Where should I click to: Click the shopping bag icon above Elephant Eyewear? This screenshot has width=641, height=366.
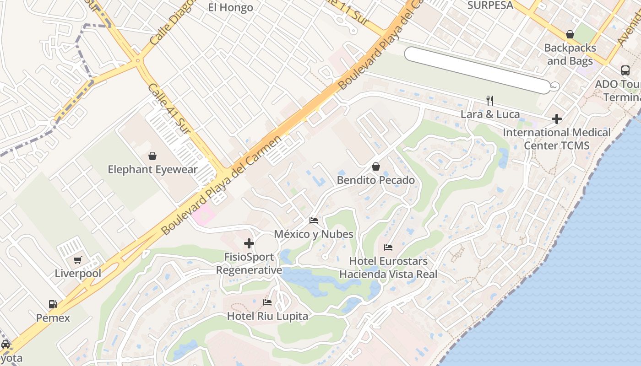152,156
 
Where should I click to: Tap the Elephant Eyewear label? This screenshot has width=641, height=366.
152,170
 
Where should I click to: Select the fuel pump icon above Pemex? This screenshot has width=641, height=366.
53,304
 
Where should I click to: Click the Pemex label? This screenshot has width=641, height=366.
53,318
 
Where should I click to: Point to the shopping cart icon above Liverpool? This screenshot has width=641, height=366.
78,260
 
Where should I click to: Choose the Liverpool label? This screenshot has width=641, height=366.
78,274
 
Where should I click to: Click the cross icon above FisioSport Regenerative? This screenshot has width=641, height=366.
249,243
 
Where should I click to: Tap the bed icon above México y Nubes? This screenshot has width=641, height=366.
314,221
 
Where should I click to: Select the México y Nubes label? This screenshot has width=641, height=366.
314,234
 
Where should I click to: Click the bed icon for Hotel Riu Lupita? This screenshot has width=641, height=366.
268,302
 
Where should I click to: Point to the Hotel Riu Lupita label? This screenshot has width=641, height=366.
268,316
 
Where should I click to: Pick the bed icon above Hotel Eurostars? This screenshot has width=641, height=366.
388,248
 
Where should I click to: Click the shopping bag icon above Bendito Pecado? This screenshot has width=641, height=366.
376,167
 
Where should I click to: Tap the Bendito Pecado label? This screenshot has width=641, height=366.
376,180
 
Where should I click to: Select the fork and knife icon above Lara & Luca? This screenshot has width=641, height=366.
490,101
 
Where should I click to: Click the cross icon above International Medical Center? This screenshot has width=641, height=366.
557,119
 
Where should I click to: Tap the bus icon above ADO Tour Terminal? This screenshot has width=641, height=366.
625,70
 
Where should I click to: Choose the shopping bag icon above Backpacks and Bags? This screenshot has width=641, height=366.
570,34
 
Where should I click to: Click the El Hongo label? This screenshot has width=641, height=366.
230,7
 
